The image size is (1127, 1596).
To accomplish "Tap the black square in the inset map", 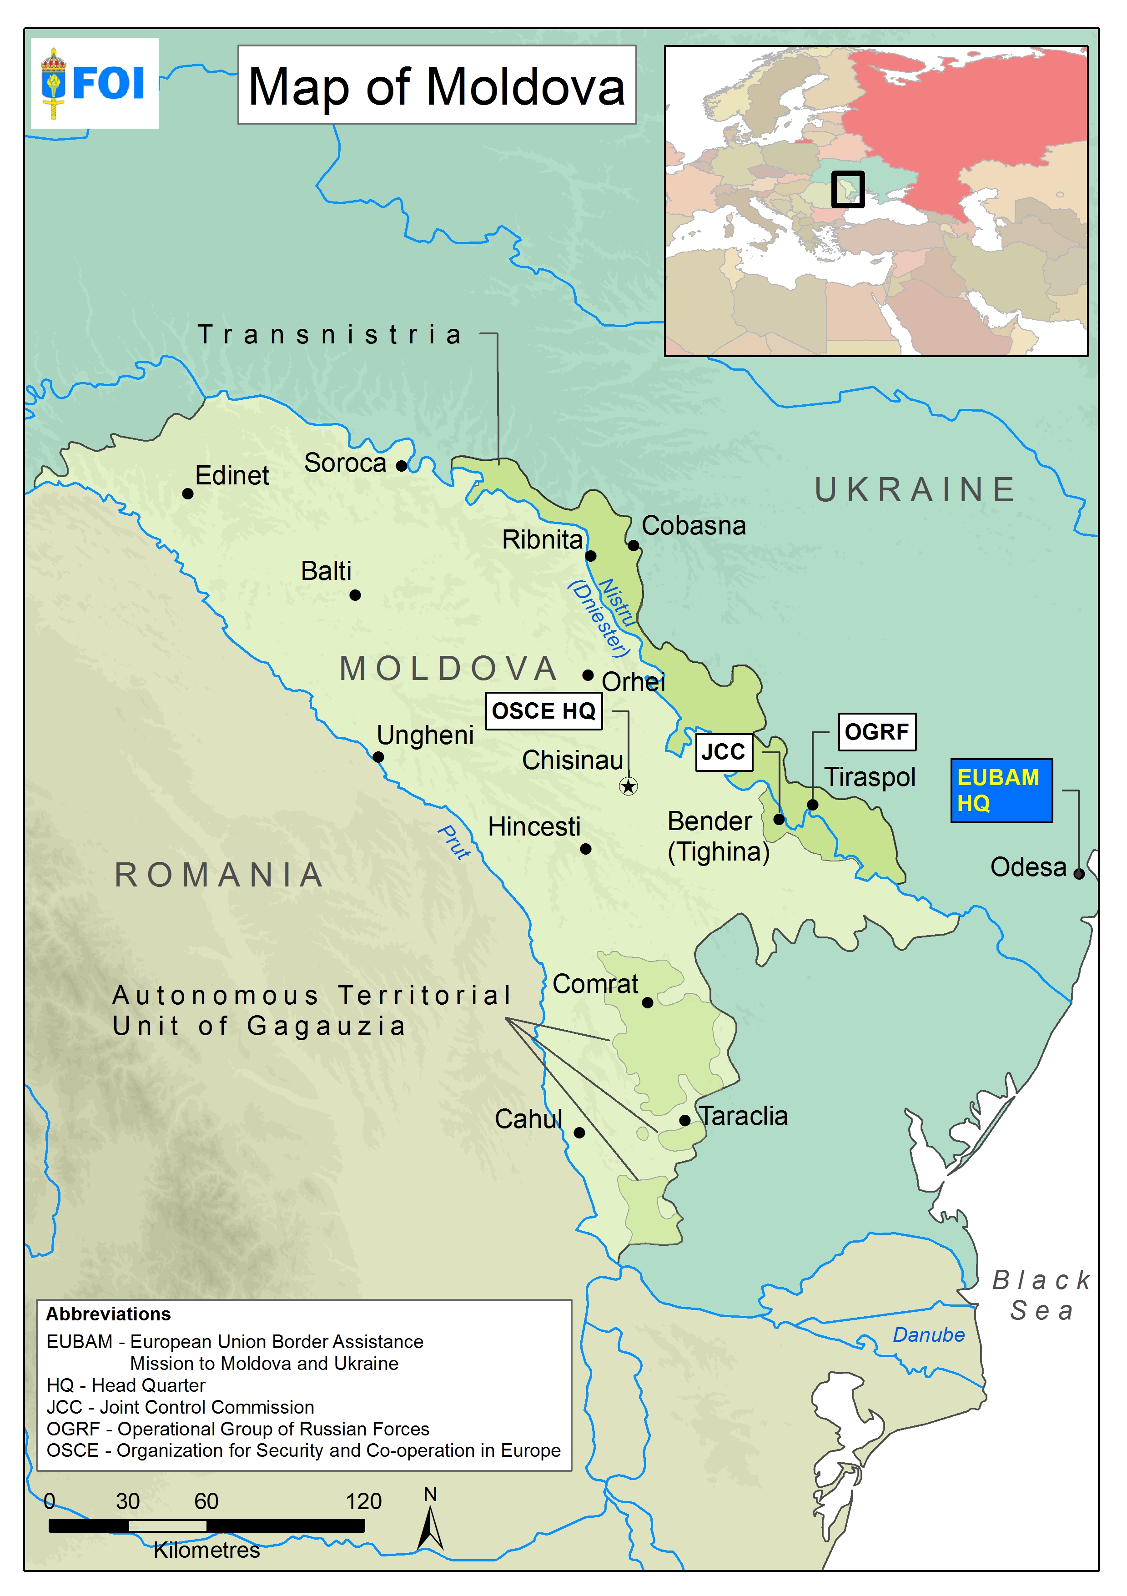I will pyautogui.click(x=847, y=189).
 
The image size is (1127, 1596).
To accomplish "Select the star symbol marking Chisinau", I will pyautogui.click(x=628, y=786).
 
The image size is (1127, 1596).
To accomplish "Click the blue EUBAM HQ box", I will pyautogui.click(x=1001, y=790).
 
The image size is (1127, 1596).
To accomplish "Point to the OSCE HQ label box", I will pyautogui.click(x=543, y=711).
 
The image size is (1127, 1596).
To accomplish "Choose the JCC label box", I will pyautogui.click(x=723, y=751).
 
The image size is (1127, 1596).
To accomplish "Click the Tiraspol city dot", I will pyautogui.click(x=812, y=805).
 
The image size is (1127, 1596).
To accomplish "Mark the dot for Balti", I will pyautogui.click(x=355, y=595).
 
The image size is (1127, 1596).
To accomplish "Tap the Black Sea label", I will pyautogui.click(x=1041, y=1295).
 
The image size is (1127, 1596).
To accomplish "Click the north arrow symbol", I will pyautogui.click(x=430, y=1529).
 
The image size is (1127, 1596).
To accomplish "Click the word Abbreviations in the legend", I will pyautogui.click(x=108, y=1314).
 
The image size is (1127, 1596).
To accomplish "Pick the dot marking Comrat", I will pyautogui.click(x=647, y=1002).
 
